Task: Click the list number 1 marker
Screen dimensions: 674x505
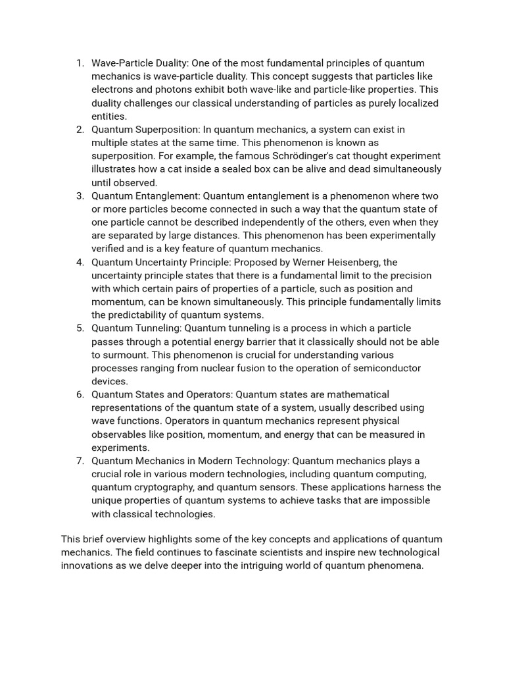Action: click(80, 63)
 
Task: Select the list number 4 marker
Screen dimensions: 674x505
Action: click(80, 262)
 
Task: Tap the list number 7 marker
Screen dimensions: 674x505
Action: click(80, 461)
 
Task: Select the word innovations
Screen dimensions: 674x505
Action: click(88, 565)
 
